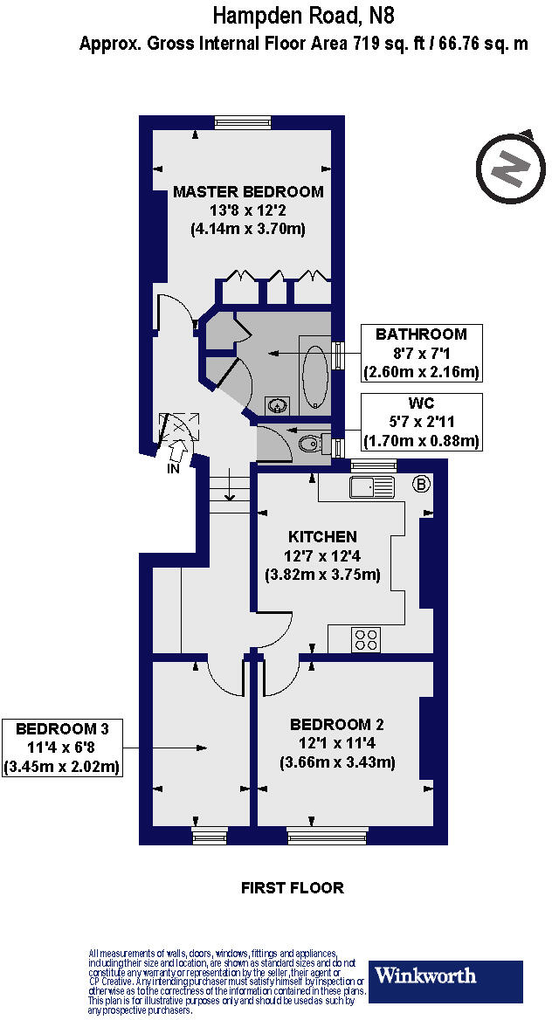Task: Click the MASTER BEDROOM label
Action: point(247,191)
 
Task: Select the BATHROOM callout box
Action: point(421,353)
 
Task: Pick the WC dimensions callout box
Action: point(421,422)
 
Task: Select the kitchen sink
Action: point(372,486)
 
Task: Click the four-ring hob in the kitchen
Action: point(365,639)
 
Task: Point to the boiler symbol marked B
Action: point(421,484)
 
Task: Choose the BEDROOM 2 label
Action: point(337,725)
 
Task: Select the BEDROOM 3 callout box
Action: point(61,748)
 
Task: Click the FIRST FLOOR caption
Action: point(292,888)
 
